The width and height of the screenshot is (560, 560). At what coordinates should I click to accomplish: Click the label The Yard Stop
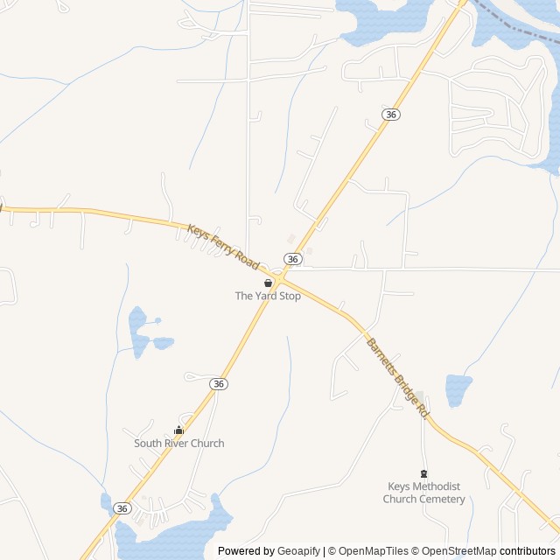coord(268,296)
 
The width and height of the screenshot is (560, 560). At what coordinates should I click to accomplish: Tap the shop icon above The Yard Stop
coord(268,283)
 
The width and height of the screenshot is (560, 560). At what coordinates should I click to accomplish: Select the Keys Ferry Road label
coord(223,246)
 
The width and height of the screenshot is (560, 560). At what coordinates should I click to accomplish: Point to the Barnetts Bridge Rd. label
coord(398,377)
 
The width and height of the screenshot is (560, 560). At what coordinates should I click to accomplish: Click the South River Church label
coord(178,443)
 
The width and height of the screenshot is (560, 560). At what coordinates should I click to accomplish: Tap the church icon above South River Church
coord(179,430)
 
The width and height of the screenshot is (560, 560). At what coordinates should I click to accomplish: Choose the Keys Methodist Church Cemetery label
coord(424,493)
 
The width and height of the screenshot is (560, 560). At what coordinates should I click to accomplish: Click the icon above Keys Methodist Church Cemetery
coord(424,473)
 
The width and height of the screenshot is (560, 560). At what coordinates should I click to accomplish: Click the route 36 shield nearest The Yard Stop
coord(293,259)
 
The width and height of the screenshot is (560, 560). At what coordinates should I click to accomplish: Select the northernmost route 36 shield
coord(391,115)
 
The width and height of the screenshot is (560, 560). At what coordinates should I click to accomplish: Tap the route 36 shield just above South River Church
coord(219,384)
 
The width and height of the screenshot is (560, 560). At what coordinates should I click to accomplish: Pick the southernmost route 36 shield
coord(122,508)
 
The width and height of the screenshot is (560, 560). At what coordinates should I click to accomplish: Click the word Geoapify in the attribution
coord(298,551)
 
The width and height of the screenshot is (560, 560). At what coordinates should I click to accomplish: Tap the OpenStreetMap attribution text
coord(454,551)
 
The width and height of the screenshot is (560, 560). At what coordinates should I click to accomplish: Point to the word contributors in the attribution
coord(528,551)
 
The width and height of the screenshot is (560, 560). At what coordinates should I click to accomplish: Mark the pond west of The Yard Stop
coord(138,327)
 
